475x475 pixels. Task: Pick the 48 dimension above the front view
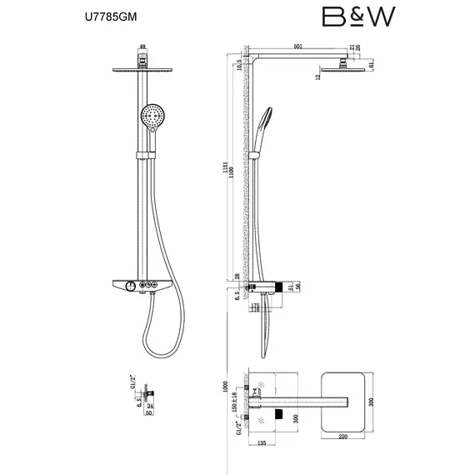point(143,47)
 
